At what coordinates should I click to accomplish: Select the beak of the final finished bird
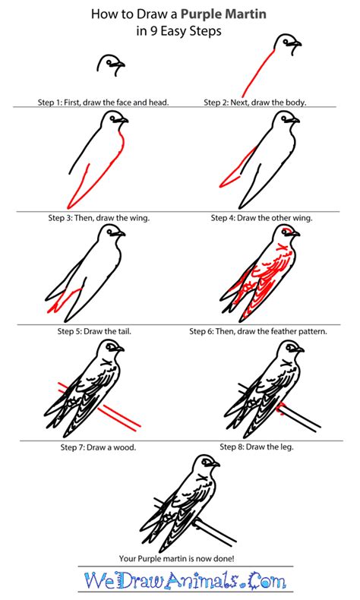[x=216, y=464]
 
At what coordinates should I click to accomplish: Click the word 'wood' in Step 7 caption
[x=125, y=447]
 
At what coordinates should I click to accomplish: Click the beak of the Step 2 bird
[x=296, y=45]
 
